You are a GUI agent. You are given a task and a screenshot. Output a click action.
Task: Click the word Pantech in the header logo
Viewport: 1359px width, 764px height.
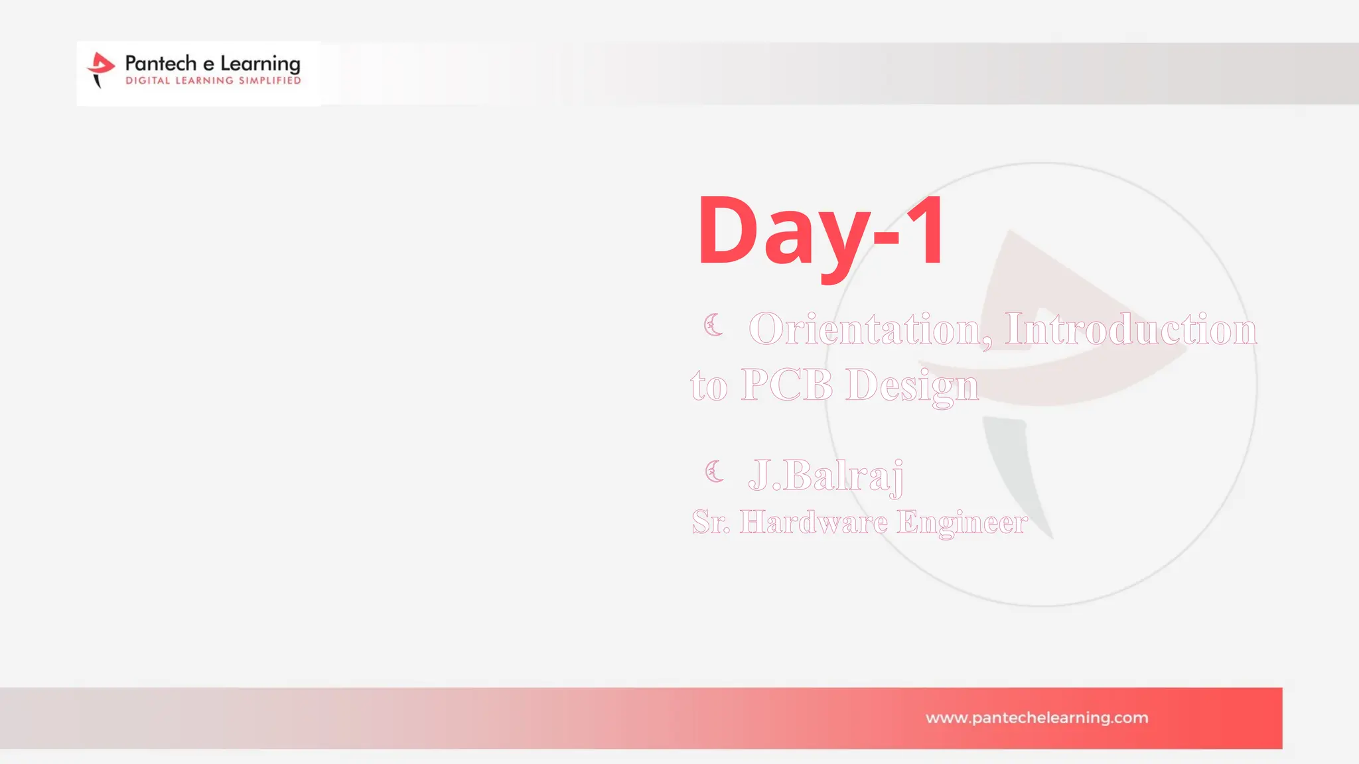(x=161, y=64)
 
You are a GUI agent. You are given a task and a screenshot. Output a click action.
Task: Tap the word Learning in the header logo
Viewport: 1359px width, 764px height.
(x=260, y=65)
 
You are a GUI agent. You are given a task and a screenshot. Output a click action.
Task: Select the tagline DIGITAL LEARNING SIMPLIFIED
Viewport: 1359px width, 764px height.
(x=213, y=81)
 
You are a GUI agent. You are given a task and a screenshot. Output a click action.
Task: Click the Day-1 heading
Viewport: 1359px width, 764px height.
(x=822, y=232)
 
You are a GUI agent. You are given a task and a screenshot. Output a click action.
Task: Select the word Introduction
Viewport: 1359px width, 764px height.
(x=1130, y=329)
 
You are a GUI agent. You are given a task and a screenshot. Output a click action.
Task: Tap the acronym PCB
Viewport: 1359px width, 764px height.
(x=786, y=385)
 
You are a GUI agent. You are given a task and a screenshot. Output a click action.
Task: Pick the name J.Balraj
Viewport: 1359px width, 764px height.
(x=825, y=476)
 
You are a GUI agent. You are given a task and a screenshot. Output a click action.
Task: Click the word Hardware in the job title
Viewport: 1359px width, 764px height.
(x=814, y=522)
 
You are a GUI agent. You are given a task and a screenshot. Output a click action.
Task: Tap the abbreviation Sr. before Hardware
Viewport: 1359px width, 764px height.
(x=710, y=522)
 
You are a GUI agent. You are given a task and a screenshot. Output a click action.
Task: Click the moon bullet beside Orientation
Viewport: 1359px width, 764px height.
(x=713, y=325)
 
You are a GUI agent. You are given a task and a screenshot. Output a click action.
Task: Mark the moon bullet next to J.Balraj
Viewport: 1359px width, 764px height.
(x=714, y=472)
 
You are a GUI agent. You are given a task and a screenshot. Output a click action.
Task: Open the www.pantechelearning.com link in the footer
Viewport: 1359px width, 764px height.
(x=1037, y=718)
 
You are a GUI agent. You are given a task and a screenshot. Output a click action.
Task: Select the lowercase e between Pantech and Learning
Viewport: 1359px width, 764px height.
(x=208, y=65)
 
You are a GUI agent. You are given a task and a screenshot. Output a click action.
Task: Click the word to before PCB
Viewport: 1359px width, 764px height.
(x=709, y=387)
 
